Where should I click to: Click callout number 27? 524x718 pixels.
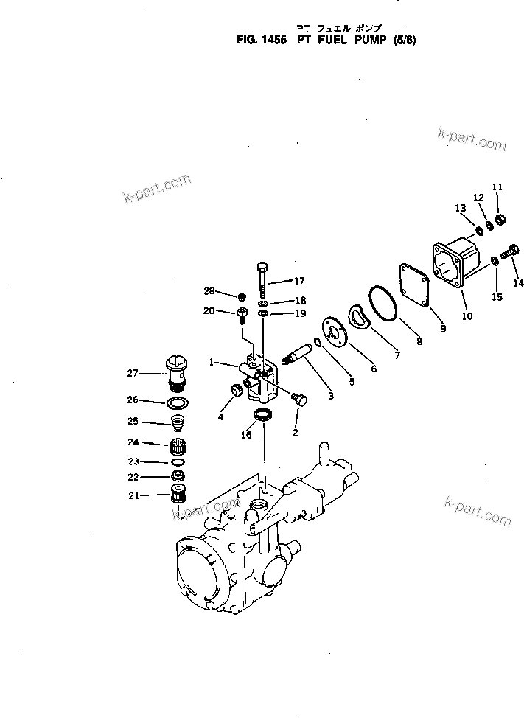[x=133, y=374]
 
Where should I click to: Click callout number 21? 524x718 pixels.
[x=133, y=495]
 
